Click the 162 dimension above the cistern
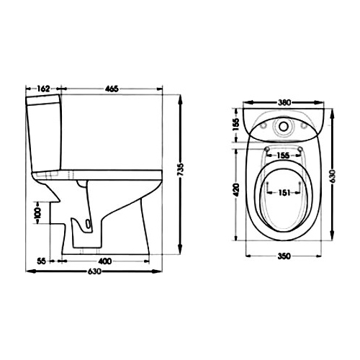point(43,89)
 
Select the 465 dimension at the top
point(112,89)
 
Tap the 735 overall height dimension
point(181,170)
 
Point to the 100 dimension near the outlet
point(37,212)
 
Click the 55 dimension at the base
point(41,261)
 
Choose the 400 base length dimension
point(105,261)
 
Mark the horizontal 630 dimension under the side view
point(94,271)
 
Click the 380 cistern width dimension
point(284,102)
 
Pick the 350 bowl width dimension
point(284,256)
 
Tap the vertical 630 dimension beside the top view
point(333,176)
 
